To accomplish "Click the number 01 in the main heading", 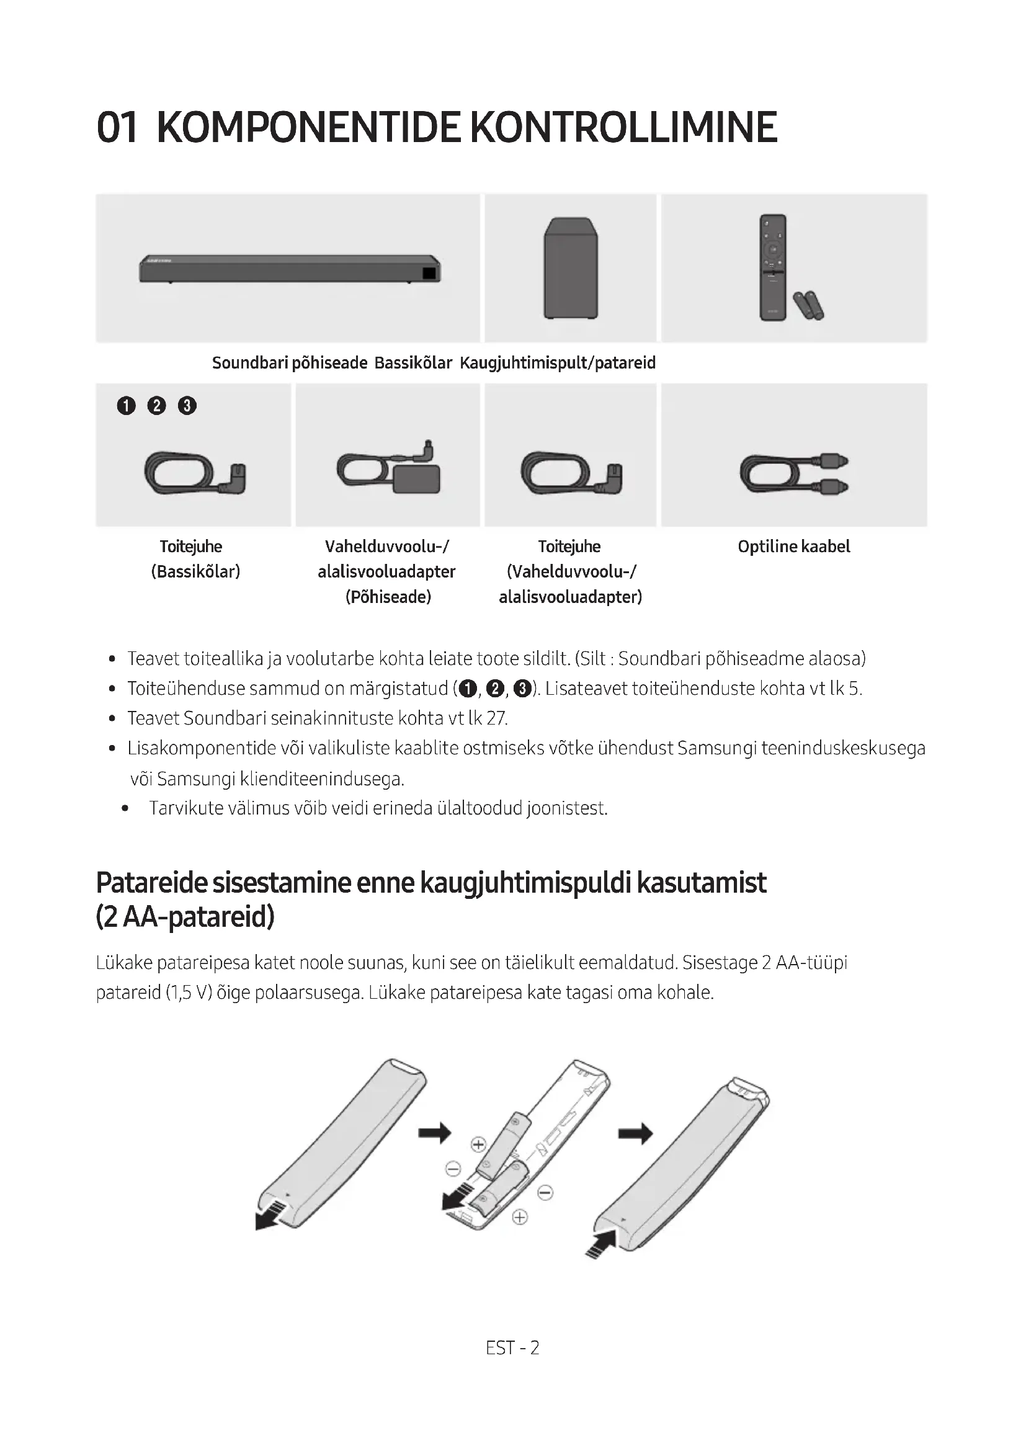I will pyautogui.click(x=117, y=128).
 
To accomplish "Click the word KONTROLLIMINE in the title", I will pyautogui.click(x=623, y=128).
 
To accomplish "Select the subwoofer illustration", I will pyautogui.click(x=571, y=269).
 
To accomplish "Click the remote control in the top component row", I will pyautogui.click(x=774, y=267).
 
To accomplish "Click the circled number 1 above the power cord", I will pyautogui.click(x=127, y=405).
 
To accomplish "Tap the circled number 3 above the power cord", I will pyautogui.click(x=187, y=405).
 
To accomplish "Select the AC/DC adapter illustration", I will pyautogui.click(x=388, y=471).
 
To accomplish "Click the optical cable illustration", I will pyautogui.click(x=794, y=474).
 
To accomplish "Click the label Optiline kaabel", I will pyautogui.click(x=793, y=547).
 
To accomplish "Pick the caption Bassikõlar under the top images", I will pyautogui.click(x=413, y=363).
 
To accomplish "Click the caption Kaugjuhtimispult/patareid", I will pyautogui.click(x=558, y=363).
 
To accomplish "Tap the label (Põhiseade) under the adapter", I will pyautogui.click(x=388, y=597).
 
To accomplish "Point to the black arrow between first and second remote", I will pyautogui.click(x=435, y=1133).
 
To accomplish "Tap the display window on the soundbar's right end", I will pyautogui.click(x=429, y=273).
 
